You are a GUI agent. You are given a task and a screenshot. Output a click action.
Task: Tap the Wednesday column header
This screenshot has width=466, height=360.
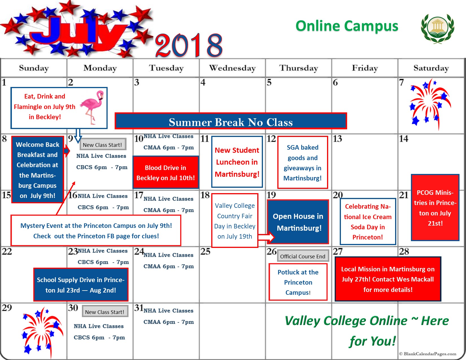point(232,68)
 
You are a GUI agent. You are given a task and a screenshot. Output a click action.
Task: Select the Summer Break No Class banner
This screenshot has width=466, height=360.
point(230,122)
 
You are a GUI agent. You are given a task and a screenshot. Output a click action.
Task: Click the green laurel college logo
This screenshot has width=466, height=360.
point(437,28)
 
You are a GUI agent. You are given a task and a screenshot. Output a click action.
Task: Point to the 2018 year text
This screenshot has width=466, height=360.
point(189,45)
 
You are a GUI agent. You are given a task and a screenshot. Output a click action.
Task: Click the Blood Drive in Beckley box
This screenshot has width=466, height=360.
point(166,173)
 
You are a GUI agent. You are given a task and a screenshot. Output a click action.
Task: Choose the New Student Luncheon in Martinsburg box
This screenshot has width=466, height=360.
point(237,162)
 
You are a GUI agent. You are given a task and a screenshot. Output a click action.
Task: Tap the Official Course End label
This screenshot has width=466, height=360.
point(302,256)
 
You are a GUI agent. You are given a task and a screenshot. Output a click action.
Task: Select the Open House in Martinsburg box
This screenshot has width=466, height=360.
point(298,222)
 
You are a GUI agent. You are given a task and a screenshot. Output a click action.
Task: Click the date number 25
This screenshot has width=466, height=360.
point(205,252)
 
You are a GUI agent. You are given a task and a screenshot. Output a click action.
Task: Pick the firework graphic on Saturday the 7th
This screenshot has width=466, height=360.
point(429,104)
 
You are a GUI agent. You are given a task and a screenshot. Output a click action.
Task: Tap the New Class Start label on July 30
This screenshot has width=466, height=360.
point(105,312)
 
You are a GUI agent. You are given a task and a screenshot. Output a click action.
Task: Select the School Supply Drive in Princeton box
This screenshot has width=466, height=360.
point(81,285)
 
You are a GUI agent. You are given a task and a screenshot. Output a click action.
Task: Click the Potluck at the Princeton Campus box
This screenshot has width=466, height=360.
point(298,282)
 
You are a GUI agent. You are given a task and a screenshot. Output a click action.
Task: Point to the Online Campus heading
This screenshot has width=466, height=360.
point(347,26)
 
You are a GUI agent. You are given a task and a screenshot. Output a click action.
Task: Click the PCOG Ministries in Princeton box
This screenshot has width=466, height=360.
point(435,208)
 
